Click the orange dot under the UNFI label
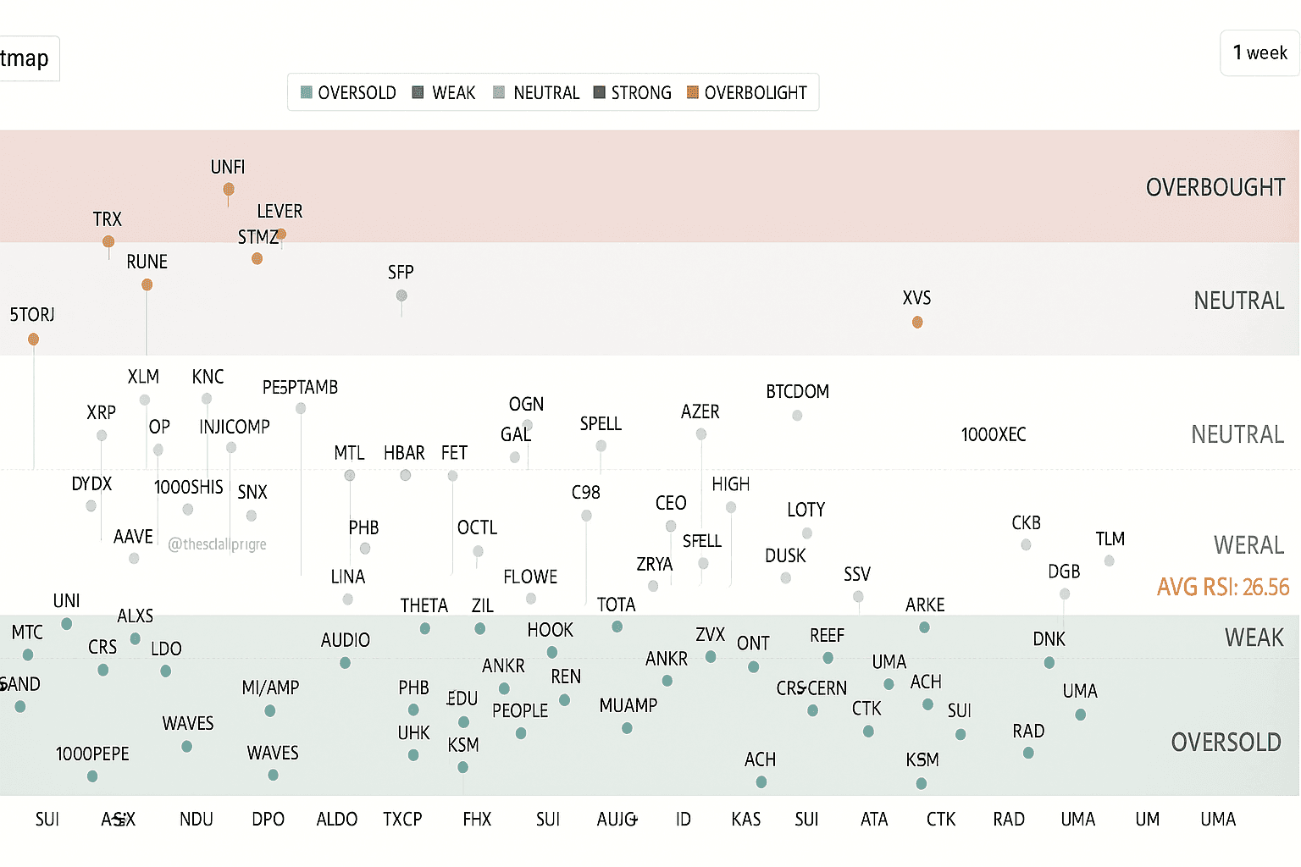[229, 189]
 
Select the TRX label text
[108, 219]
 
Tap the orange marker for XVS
[917, 322]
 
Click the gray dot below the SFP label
[401, 295]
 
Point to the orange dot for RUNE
[147, 284]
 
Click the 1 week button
[1259, 52]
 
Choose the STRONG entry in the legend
[632, 92]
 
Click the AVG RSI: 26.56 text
[1222, 587]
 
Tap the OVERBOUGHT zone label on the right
[1215, 187]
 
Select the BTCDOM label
[797, 391]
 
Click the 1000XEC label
[993, 434]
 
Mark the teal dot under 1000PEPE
[92, 776]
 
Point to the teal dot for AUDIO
[346, 662]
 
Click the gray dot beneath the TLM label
[1109, 561]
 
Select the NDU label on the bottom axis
[197, 819]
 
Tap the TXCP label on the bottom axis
[402, 819]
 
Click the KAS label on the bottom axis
[745, 819]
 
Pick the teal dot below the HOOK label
[552, 652]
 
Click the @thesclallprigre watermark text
[217, 544]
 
